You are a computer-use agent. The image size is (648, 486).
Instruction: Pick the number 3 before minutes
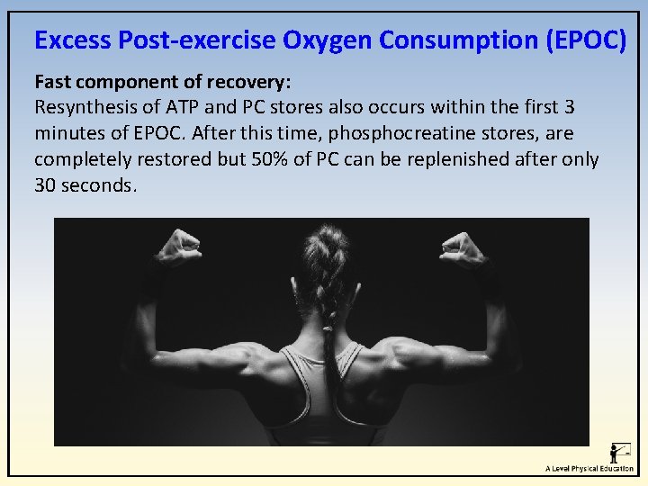click(x=569, y=108)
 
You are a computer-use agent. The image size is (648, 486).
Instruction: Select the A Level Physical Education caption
click(x=589, y=468)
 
